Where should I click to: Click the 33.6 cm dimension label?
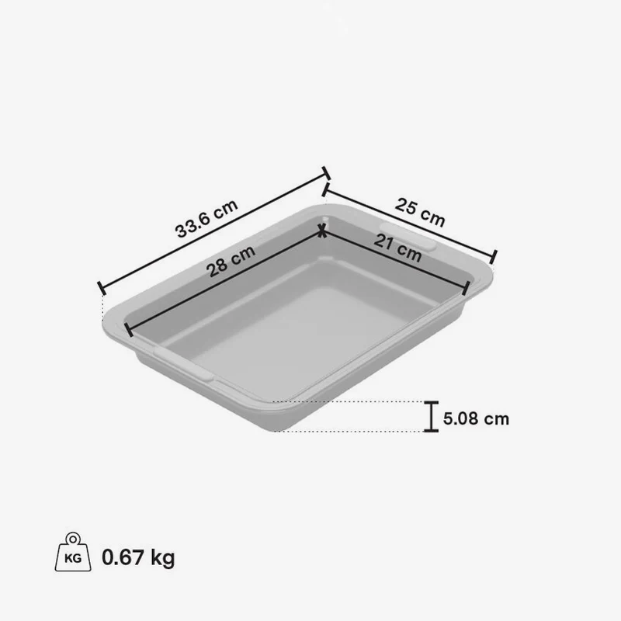point(206,218)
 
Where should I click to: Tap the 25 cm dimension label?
point(420,213)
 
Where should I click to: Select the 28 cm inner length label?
point(231,261)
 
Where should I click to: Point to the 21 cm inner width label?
point(397,248)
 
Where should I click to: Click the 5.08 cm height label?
point(476,418)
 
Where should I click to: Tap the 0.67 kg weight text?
point(138,557)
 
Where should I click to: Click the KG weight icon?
point(73,552)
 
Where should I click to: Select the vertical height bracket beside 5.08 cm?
point(431,416)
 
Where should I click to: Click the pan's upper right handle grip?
point(408,237)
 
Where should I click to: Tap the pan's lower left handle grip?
point(183,364)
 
